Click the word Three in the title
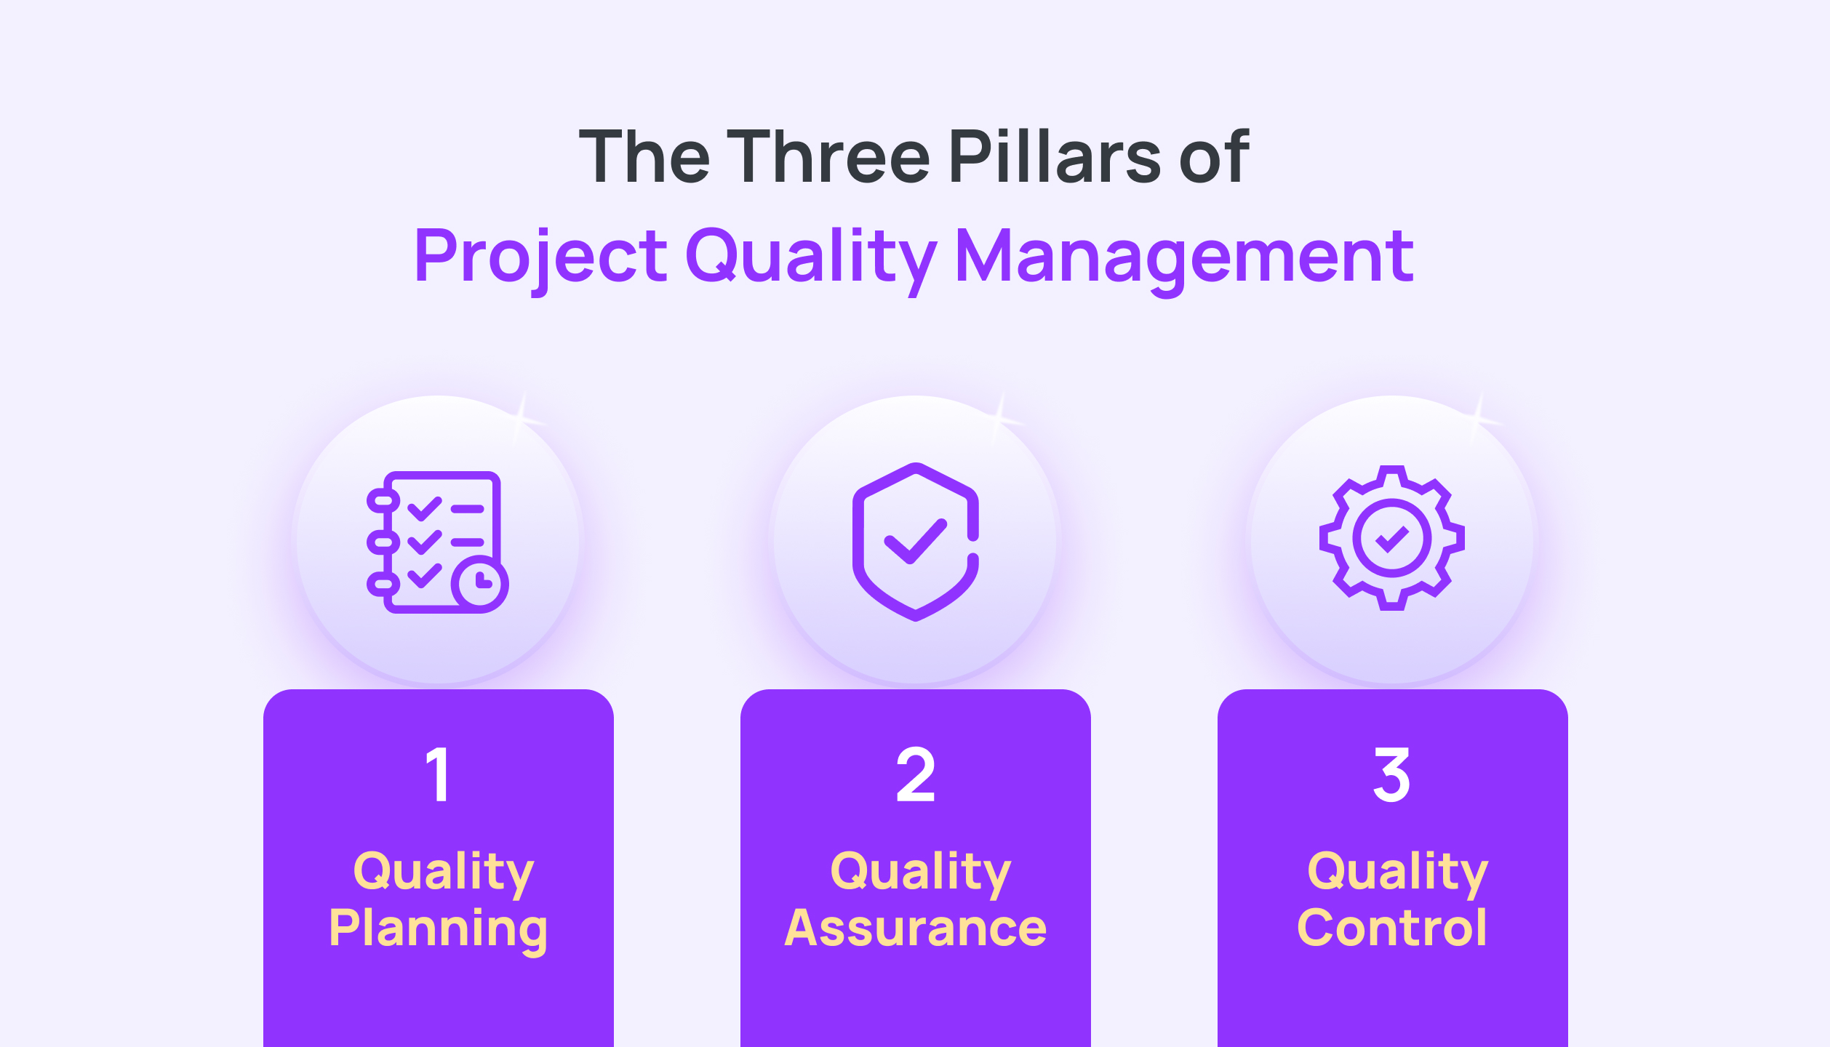coord(828,156)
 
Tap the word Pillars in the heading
coord(1055,156)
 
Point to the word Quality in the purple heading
coord(810,256)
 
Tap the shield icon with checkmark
coord(915,542)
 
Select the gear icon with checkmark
coord(1391,538)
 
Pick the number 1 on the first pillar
coord(438,775)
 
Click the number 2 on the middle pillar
coord(915,775)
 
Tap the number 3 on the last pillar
coord(1391,775)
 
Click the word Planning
coord(438,929)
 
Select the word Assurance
coord(915,928)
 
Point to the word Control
coord(1391,928)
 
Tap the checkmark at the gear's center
coord(1391,539)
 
